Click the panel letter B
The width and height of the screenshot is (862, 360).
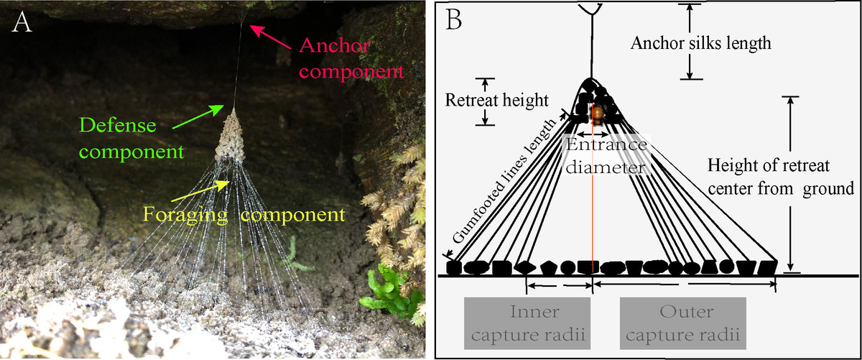(x=454, y=19)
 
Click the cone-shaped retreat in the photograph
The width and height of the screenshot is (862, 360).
(x=232, y=137)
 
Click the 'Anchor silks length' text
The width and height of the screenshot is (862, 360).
(x=700, y=42)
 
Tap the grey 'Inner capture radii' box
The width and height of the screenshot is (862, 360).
(x=527, y=323)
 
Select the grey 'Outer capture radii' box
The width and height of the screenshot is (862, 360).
(x=682, y=323)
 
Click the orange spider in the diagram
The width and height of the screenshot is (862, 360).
(x=596, y=114)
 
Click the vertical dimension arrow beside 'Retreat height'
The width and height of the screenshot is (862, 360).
(x=487, y=101)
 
